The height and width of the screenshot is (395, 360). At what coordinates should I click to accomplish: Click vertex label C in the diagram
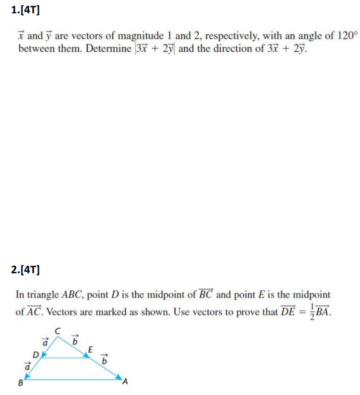click(58, 329)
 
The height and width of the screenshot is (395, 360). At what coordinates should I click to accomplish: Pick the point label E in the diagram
click(91, 348)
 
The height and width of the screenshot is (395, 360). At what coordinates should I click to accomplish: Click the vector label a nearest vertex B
click(26, 366)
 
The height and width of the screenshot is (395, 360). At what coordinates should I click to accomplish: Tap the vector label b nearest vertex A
click(106, 359)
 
